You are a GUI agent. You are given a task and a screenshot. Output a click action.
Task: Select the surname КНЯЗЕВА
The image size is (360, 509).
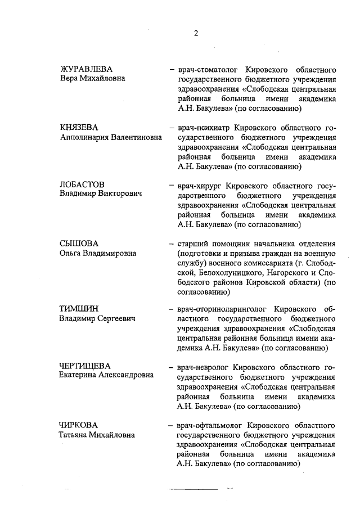coord(79,127)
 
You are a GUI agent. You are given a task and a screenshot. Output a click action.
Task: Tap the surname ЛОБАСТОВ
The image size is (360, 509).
coord(82,184)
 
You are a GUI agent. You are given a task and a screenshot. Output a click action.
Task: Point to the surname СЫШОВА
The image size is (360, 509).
coord(79,244)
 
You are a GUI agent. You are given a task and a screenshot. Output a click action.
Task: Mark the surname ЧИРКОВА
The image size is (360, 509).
coord(80,424)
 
